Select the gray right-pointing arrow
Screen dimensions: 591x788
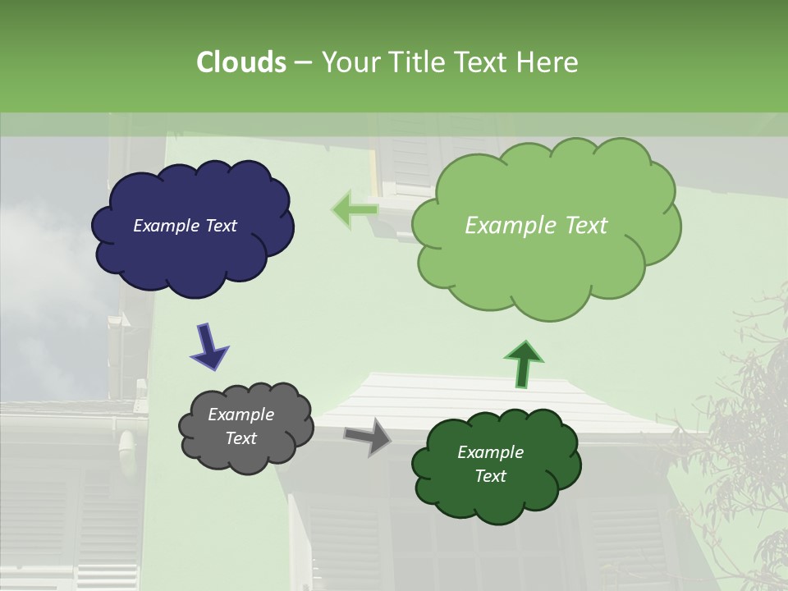(369, 436)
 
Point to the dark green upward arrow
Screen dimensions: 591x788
(523, 363)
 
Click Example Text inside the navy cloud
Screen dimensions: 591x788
(185, 226)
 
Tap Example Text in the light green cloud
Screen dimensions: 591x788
(536, 226)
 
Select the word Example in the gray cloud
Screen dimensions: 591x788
(241, 415)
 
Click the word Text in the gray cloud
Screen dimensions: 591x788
(241, 438)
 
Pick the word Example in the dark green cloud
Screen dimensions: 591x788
(490, 452)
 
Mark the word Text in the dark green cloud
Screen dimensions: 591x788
(490, 476)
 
